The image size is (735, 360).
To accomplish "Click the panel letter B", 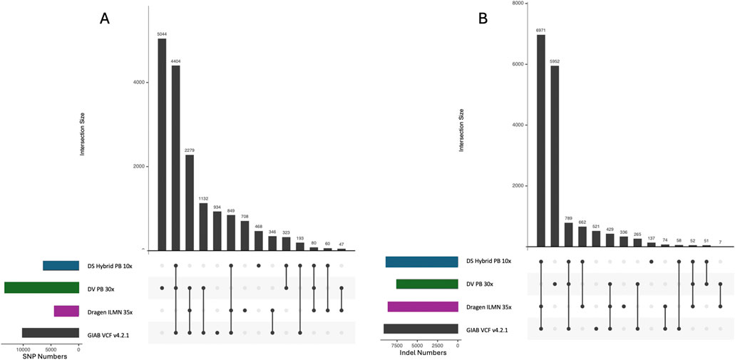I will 483,19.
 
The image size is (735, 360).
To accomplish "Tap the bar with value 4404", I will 175,158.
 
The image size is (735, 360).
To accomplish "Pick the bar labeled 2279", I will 189,202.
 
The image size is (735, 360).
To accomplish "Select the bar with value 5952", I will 555,156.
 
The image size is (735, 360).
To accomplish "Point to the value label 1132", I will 202,199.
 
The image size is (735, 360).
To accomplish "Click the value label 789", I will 568,218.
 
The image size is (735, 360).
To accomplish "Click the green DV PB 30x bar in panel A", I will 41,288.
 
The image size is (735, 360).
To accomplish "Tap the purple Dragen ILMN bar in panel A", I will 66,311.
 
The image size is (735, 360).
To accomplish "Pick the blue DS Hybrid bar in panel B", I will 421,262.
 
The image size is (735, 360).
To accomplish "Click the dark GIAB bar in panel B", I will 421,329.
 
